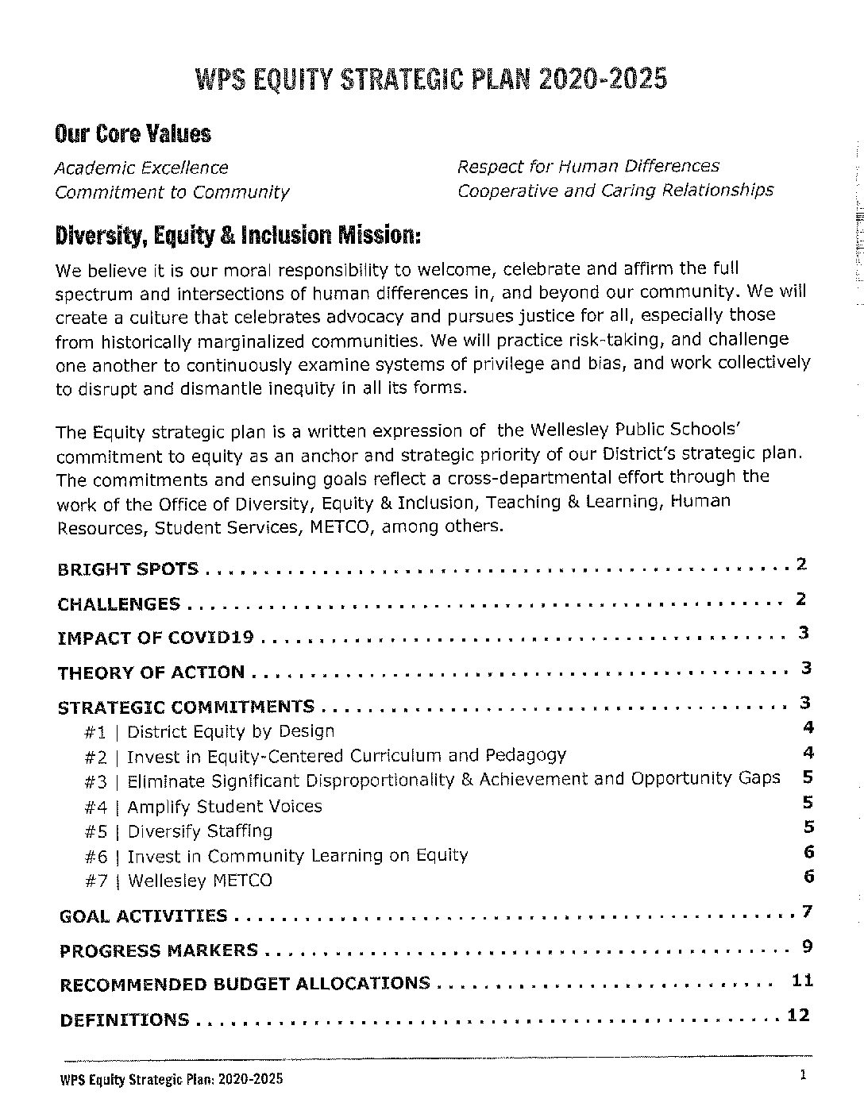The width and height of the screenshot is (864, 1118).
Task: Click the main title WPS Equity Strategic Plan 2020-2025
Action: tap(431, 79)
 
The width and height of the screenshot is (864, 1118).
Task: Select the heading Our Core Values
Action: tap(133, 133)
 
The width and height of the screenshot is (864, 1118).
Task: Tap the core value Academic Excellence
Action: tap(141, 168)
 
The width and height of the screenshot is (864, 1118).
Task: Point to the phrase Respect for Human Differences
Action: tap(588, 167)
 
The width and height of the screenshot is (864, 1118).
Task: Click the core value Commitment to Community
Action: tap(172, 192)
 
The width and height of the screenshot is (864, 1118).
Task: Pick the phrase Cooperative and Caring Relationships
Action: tap(615, 191)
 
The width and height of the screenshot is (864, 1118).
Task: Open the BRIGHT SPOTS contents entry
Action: tap(128, 569)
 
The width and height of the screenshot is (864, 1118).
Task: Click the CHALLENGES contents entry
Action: tap(119, 604)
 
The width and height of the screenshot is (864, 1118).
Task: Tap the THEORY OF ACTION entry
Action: tap(151, 673)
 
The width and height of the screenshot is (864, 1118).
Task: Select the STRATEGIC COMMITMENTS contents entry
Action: tap(186, 707)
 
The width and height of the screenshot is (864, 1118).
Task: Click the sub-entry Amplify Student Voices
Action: tap(224, 807)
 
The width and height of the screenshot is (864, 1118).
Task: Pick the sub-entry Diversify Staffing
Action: tap(199, 831)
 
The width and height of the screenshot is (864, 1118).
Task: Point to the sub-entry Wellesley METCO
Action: tap(199, 881)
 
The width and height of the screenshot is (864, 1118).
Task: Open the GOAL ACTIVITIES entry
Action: tap(143, 916)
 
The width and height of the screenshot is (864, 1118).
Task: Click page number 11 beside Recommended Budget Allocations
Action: tap(802, 981)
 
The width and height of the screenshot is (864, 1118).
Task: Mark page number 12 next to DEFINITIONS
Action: tap(797, 1016)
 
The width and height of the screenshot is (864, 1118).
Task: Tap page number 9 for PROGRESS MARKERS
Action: tap(806, 946)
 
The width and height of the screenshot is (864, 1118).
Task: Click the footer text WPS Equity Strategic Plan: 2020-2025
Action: tap(171, 1079)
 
